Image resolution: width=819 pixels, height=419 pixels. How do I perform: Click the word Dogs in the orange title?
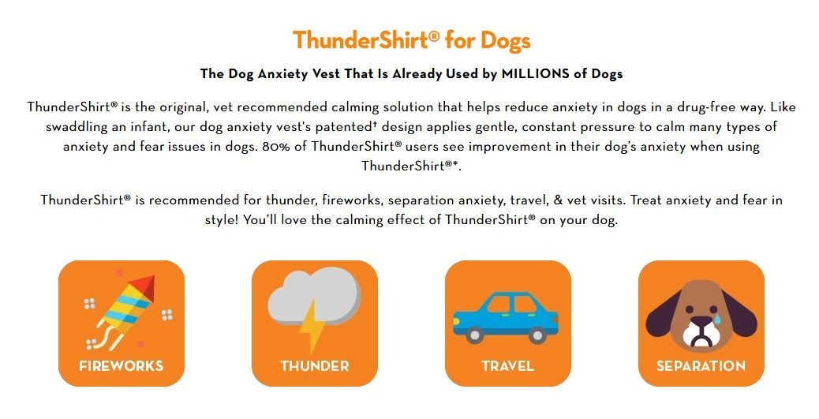pyautogui.click(x=505, y=41)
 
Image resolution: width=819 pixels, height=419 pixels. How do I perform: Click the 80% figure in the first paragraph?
pyautogui.click(x=277, y=146)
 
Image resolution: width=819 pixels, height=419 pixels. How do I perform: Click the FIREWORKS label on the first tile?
pyautogui.click(x=122, y=365)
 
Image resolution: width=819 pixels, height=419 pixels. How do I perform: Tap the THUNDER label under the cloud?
pyautogui.click(x=315, y=365)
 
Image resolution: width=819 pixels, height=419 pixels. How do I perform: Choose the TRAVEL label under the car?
pyautogui.click(x=507, y=365)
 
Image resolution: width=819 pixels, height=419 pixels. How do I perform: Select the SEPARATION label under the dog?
pyautogui.click(x=701, y=365)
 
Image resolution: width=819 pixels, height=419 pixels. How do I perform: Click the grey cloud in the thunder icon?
pyautogui.click(x=314, y=295)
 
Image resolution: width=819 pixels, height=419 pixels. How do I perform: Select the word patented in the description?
pyautogui.click(x=345, y=127)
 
